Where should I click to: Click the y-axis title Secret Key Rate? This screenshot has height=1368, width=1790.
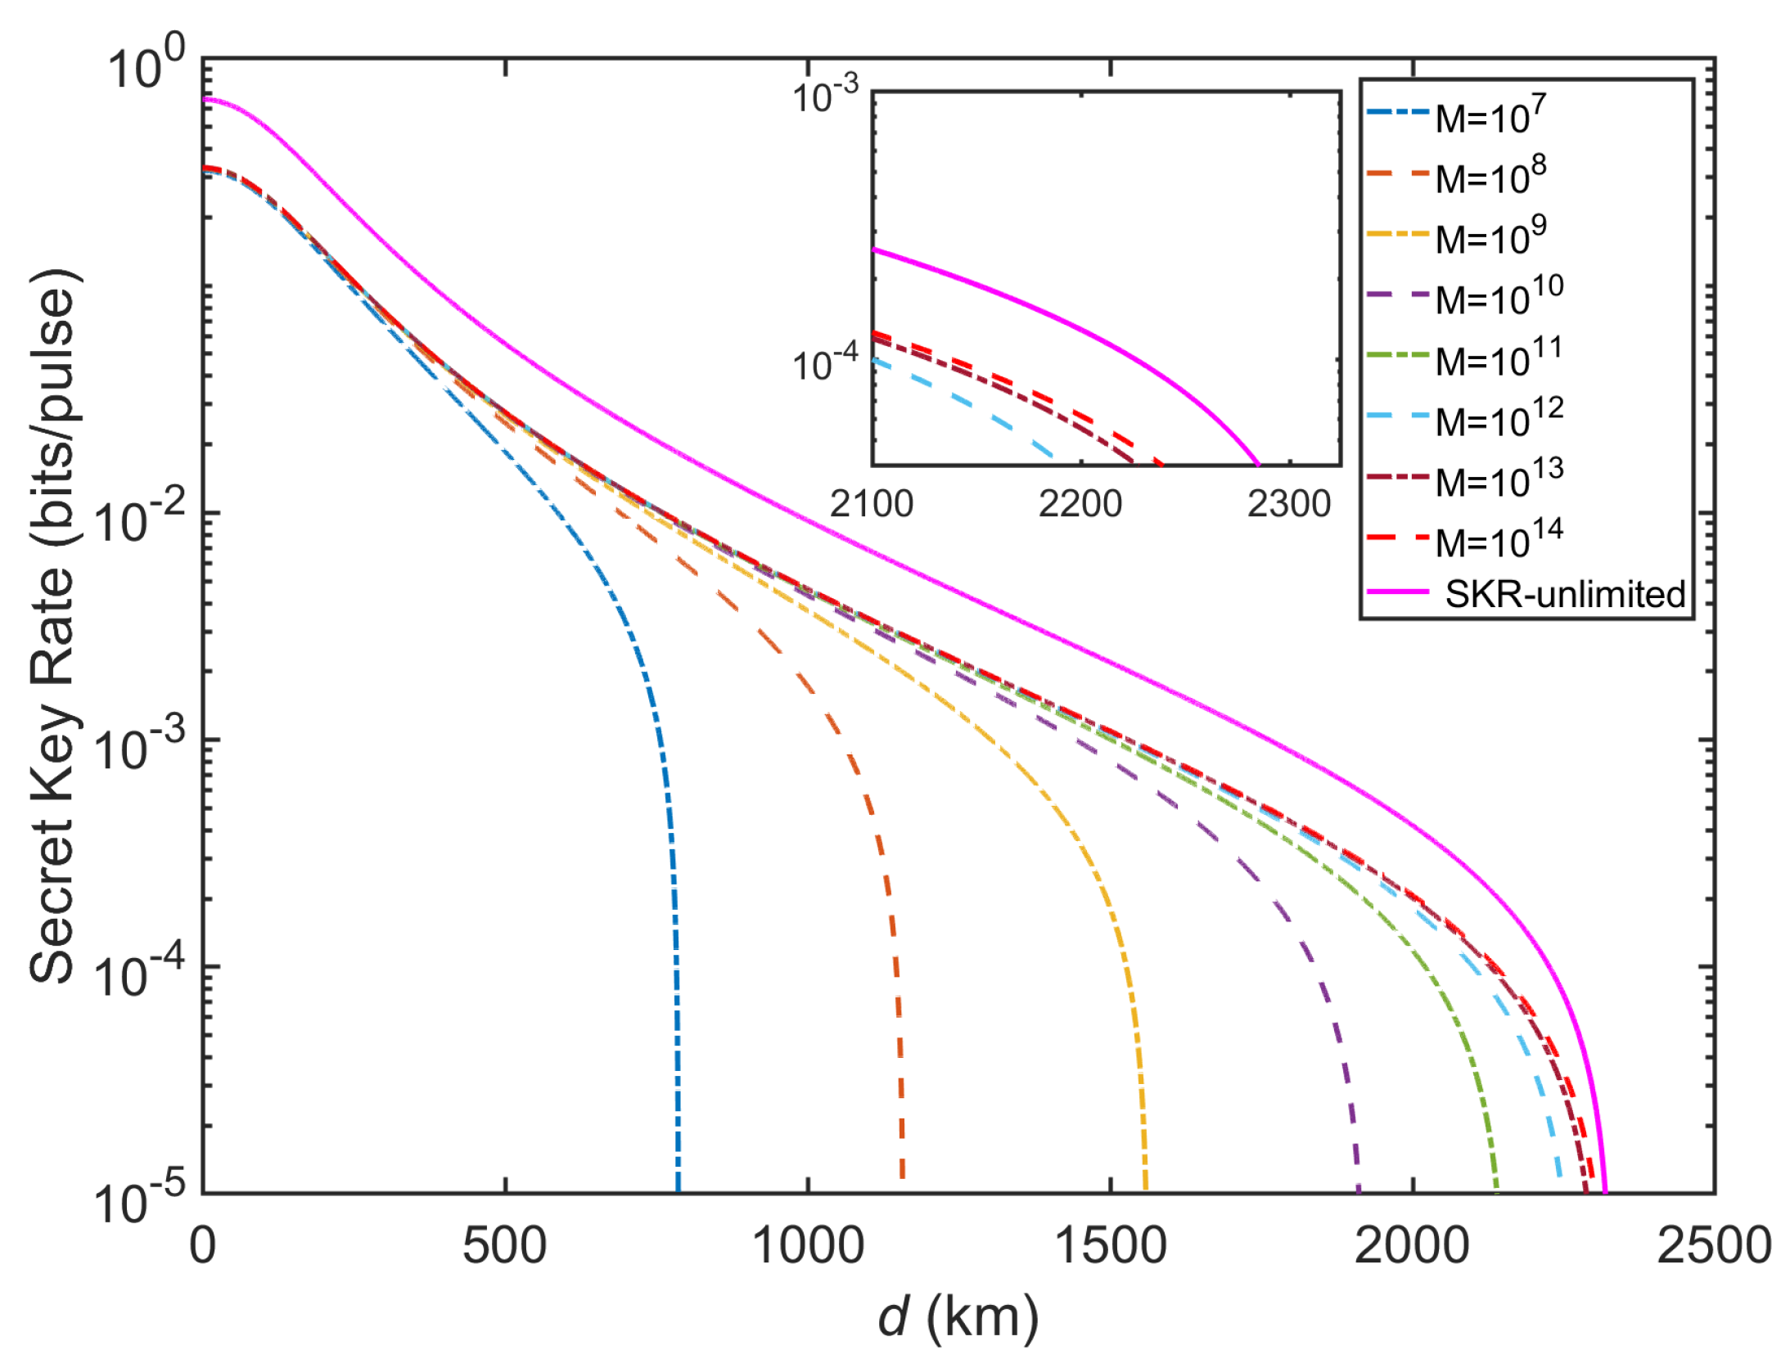(x=54, y=626)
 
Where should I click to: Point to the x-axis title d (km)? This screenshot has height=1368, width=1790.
(x=958, y=1318)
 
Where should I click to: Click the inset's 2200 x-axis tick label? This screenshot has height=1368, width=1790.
(x=1080, y=504)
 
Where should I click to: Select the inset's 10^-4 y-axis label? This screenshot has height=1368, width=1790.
(x=825, y=362)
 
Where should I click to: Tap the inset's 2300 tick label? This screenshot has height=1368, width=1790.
(x=1288, y=504)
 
